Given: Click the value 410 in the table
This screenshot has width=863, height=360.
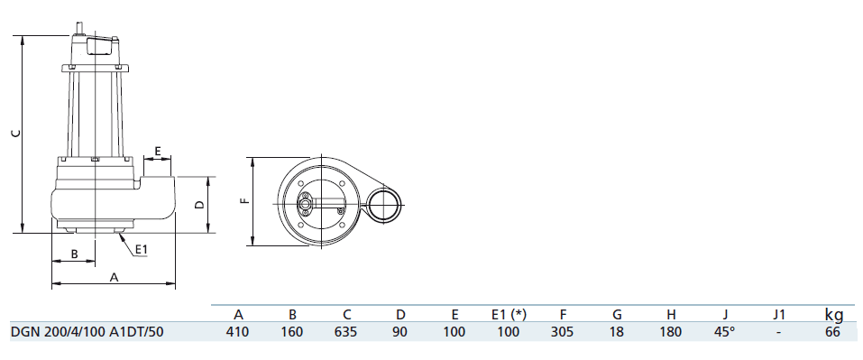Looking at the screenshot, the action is tap(238, 332).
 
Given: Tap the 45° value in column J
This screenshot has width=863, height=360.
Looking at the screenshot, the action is tap(725, 332).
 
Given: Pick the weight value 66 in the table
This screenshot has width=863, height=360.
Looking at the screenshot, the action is tap(833, 332).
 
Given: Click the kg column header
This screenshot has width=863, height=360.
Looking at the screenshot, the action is tap(834, 315).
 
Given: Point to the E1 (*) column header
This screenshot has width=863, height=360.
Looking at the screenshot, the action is tap(510, 315).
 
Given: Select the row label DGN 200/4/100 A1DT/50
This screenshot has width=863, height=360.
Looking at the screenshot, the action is tap(86, 332).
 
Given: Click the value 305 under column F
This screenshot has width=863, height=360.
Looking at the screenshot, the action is tap(563, 332).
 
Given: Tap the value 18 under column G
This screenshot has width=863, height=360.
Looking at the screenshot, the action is tap(617, 332).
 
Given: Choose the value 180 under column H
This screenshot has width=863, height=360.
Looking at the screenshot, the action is tap(671, 332).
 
